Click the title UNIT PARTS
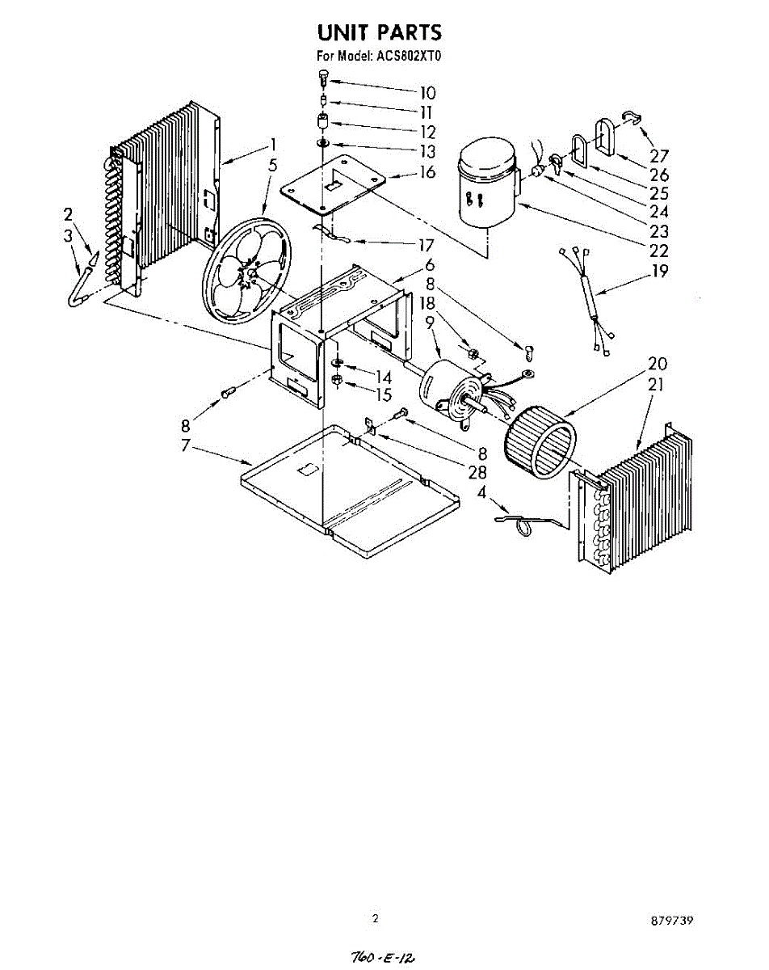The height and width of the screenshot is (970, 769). pos(379,32)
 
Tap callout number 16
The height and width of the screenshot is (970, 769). pos(427,172)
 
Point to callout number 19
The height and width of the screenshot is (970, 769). pos(660,272)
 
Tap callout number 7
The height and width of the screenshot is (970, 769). pos(186,445)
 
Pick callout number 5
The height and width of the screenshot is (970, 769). pos(273,165)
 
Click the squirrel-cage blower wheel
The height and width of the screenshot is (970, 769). pos(540,441)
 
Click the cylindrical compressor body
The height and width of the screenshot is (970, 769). pos(486,184)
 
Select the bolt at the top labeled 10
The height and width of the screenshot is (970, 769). pos(323,78)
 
